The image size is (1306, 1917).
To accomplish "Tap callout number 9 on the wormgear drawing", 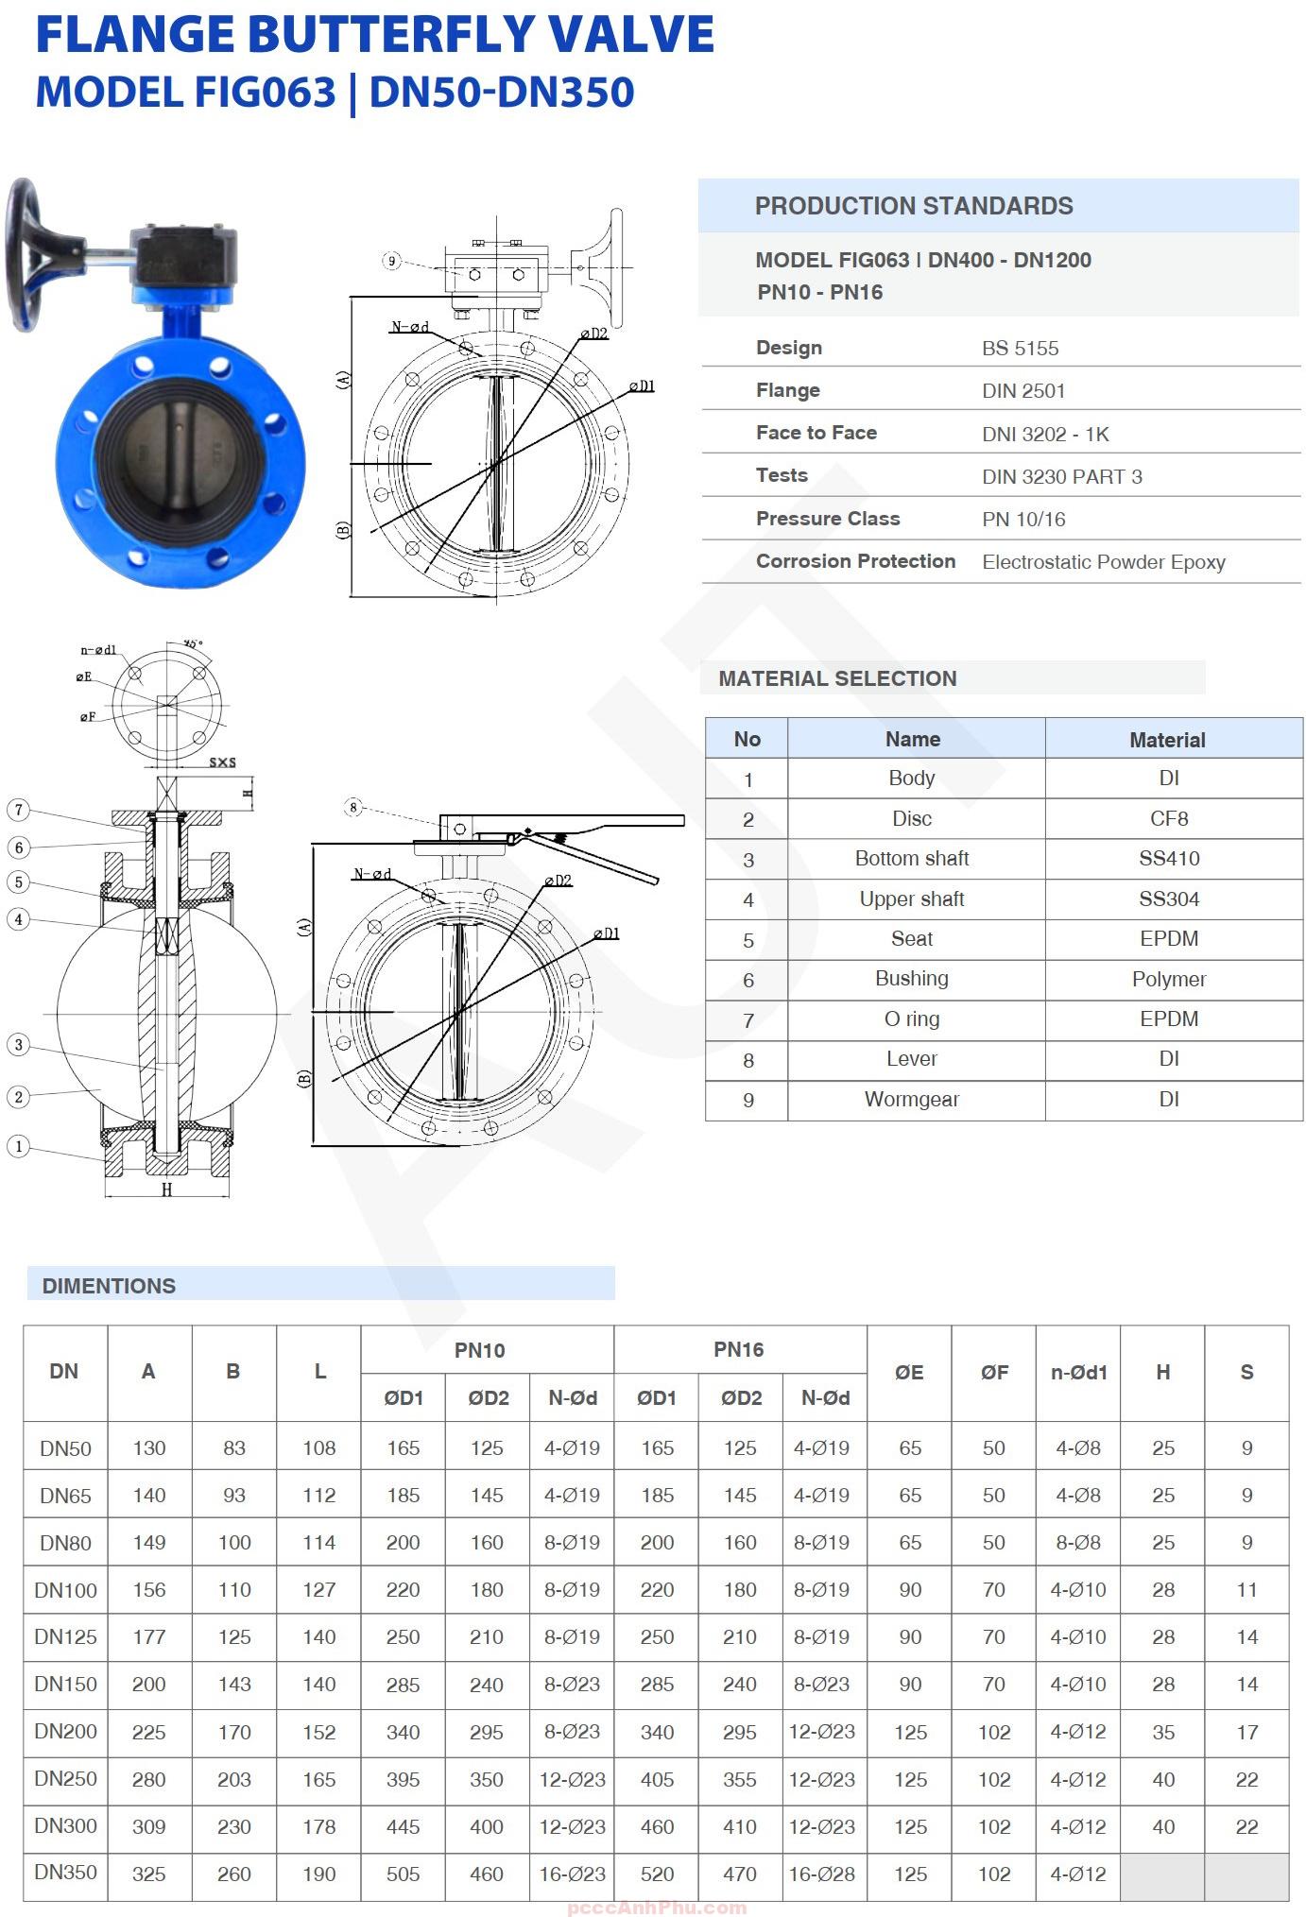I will [x=392, y=261].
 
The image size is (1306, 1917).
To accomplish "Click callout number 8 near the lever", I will [x=353, y=807].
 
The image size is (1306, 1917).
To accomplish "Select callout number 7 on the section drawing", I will [x=18, y=810].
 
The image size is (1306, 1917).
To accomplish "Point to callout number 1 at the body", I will [x=18, y=1146].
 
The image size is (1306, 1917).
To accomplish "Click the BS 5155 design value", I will [x=1020, y=349].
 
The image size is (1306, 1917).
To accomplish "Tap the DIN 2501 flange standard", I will [x=1022, y=391].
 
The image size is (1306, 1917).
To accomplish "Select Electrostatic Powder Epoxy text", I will [x=1103, y=562].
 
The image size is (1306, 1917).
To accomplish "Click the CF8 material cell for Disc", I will [x=1168, y=819].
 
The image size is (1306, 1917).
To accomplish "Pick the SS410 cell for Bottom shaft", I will [x=1168, y=859].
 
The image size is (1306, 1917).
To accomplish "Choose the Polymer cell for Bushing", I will [x=1168, y=980].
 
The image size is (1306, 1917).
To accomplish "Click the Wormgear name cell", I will [x=911, y=1100].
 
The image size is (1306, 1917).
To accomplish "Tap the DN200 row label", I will [x=65, y=1732].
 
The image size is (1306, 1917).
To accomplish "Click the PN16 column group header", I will [x=738, y=1350].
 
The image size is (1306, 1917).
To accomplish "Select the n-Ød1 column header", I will [x=1077, y=1373].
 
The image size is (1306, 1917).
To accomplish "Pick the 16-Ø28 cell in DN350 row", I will [x=821, y=1874].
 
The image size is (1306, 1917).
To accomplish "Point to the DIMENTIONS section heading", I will [x=109, y=1286].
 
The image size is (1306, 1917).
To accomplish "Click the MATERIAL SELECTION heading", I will [x=837, y=678].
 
